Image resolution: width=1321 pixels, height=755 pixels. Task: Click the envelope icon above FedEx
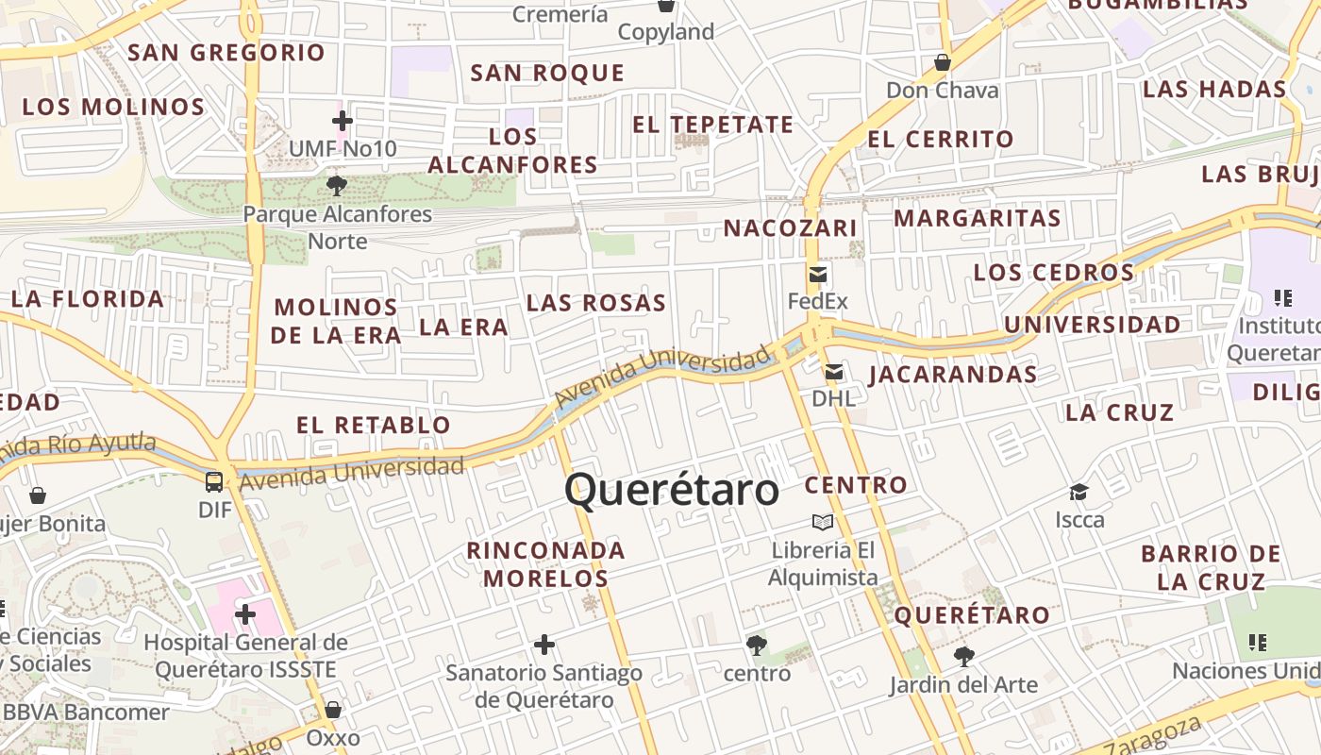(x=818, y=275)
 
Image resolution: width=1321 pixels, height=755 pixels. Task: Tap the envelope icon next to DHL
(x=834, y=372)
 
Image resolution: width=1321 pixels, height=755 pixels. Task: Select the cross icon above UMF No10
(x=343, y=121)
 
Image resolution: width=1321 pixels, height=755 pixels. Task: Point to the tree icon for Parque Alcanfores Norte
(x=337, y=185)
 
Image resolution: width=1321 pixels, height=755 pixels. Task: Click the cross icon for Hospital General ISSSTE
(x=245, y=615)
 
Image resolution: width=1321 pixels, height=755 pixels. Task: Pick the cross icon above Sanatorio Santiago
(x=544, y=645)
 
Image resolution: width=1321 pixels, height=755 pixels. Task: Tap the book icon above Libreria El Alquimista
(x=823, y=522)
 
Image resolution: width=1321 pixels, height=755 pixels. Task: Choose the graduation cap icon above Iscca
(x=1079, y=492)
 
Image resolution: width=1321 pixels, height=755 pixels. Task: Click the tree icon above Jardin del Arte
(x=963, y=656)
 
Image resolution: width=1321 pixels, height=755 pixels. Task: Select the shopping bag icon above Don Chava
(x=942, y=62)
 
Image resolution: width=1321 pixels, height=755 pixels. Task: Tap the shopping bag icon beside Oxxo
(x=333, y=709)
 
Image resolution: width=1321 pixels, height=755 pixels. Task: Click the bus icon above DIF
(x=214, y=482)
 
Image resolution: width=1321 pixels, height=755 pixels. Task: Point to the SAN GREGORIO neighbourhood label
(x=226, y=53)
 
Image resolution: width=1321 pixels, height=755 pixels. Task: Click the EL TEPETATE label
(x=713, y=125)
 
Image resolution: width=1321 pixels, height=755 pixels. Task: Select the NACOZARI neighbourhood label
(x=791, y=228)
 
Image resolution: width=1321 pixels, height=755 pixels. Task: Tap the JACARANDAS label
(x=953, y=375)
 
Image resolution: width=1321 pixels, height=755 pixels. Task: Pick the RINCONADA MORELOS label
(x=546, y=563)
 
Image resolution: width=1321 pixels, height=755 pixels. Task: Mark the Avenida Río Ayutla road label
(x=80, y=445)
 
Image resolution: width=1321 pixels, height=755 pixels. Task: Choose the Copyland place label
(x=666, y=32)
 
